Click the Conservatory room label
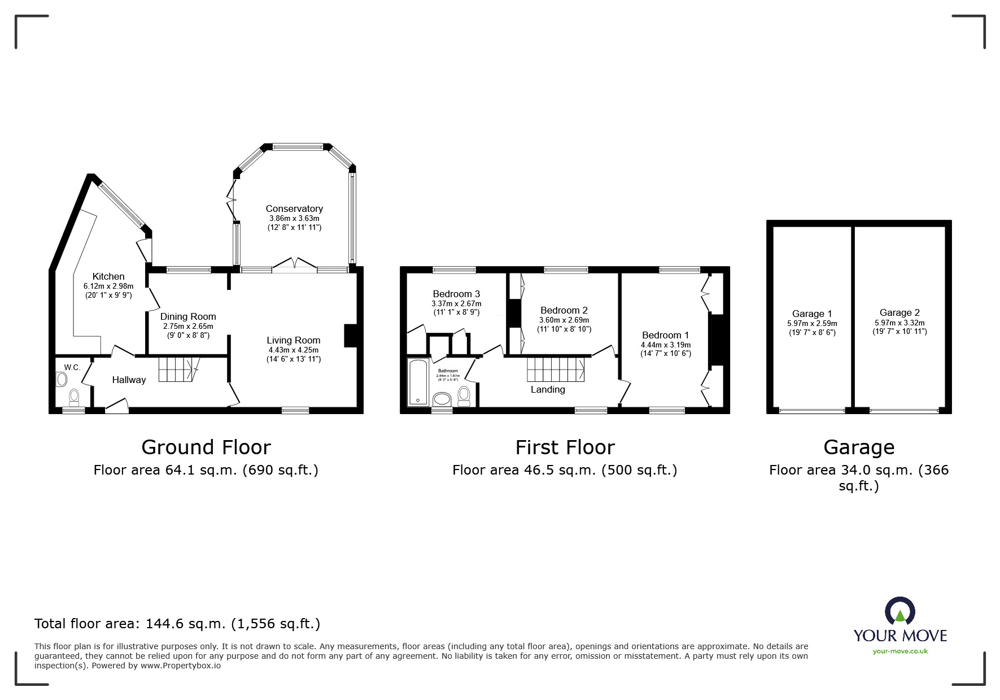pyautogui.click(x=294, y=209)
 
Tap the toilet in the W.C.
pyautogui.click(x=74, y=397)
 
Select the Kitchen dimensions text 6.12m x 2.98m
pyautogui.click(x=108, y=286)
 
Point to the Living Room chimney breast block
pyautogui.click(x=350, y=336)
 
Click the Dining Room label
pyautogui.click(x=188, y=317)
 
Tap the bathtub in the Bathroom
pyautogui.click(x=418, y=382)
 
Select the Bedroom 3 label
pyautogui.click(x=456, y=294)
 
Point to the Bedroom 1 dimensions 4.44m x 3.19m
pyautogui.click(x=665, y=345)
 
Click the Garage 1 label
pyautogui.click(x=811, y=314)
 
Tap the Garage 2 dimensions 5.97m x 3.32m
pyautogui.click(x=899, y=323)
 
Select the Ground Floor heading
pyautogui.click(x=206, y=447)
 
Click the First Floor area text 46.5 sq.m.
pyautogui.click(x=565, y=470)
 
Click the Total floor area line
pyautogui.click(x=177, y=624)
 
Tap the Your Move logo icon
pyautogui.click(x=899, y=611)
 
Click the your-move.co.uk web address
pyautogui.click(x=900, y=651)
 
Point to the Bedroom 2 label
pyautogui.click(x=564, y=310)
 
